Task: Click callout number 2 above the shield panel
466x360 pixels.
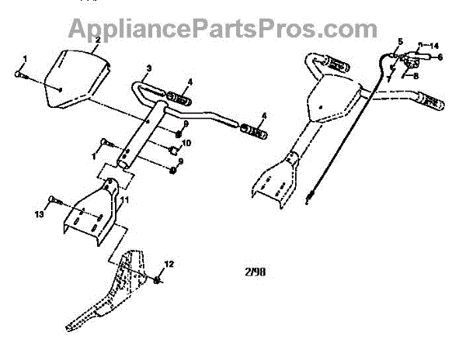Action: [98, 40]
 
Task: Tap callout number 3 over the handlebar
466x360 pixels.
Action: [149, 69]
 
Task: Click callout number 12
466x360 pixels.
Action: [170, 265]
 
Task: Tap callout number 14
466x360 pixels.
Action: [433, 46]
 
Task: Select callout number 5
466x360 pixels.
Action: [401, 40]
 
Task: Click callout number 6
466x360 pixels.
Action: [440, 57]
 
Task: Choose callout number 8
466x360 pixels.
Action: [416, 75]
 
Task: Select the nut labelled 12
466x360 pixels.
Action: [158, 279]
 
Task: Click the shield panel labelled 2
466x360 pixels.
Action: [75, 78]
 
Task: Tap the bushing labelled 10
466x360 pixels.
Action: [172, 149]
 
